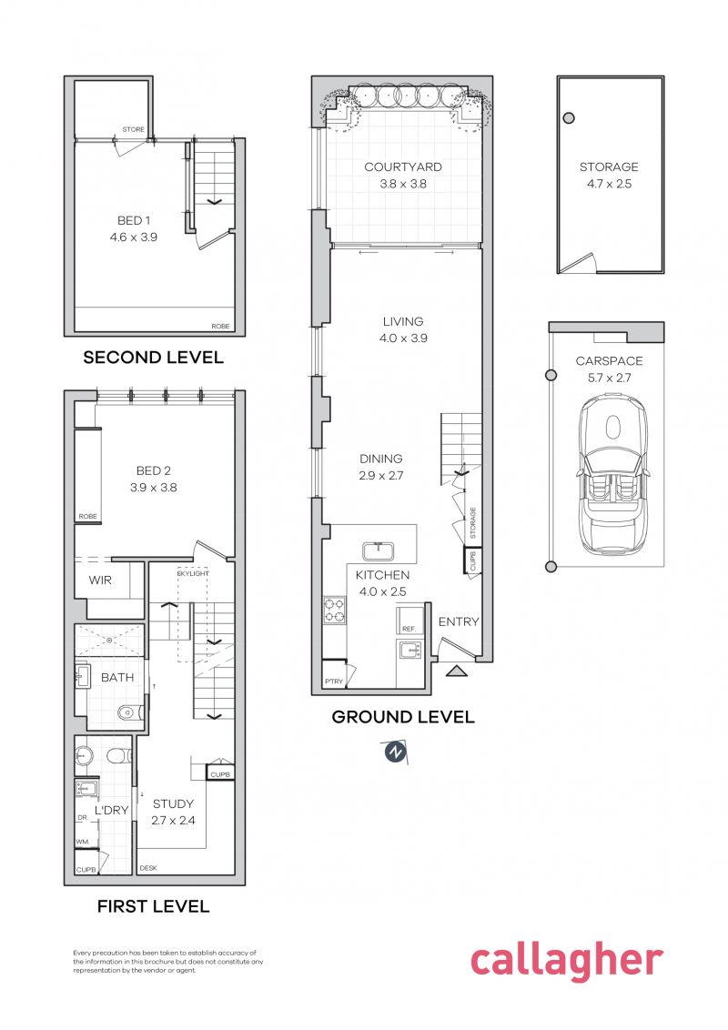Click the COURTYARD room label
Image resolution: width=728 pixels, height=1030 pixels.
(403, 167)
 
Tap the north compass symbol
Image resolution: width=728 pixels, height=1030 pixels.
(394, 752)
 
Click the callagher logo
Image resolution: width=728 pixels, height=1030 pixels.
(566, 963)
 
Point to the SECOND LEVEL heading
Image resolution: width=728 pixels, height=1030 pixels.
(153, 358)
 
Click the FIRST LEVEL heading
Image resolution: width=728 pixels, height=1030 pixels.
(153, 906)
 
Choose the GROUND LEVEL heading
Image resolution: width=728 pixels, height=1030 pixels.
(402, 717)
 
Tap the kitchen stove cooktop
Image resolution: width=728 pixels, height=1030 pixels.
(334, 609)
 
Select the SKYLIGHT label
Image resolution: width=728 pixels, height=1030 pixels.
(192, 574)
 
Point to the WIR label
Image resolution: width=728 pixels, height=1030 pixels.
(100, 580)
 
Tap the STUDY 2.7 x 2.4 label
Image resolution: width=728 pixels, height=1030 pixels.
(173, 812)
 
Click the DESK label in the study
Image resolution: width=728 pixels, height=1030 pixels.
(148, 868)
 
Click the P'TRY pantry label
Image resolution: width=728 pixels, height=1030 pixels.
(334, 682)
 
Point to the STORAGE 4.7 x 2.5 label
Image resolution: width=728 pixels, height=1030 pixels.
(609, 175)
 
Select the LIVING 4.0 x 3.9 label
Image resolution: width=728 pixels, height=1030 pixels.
(403, 329)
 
